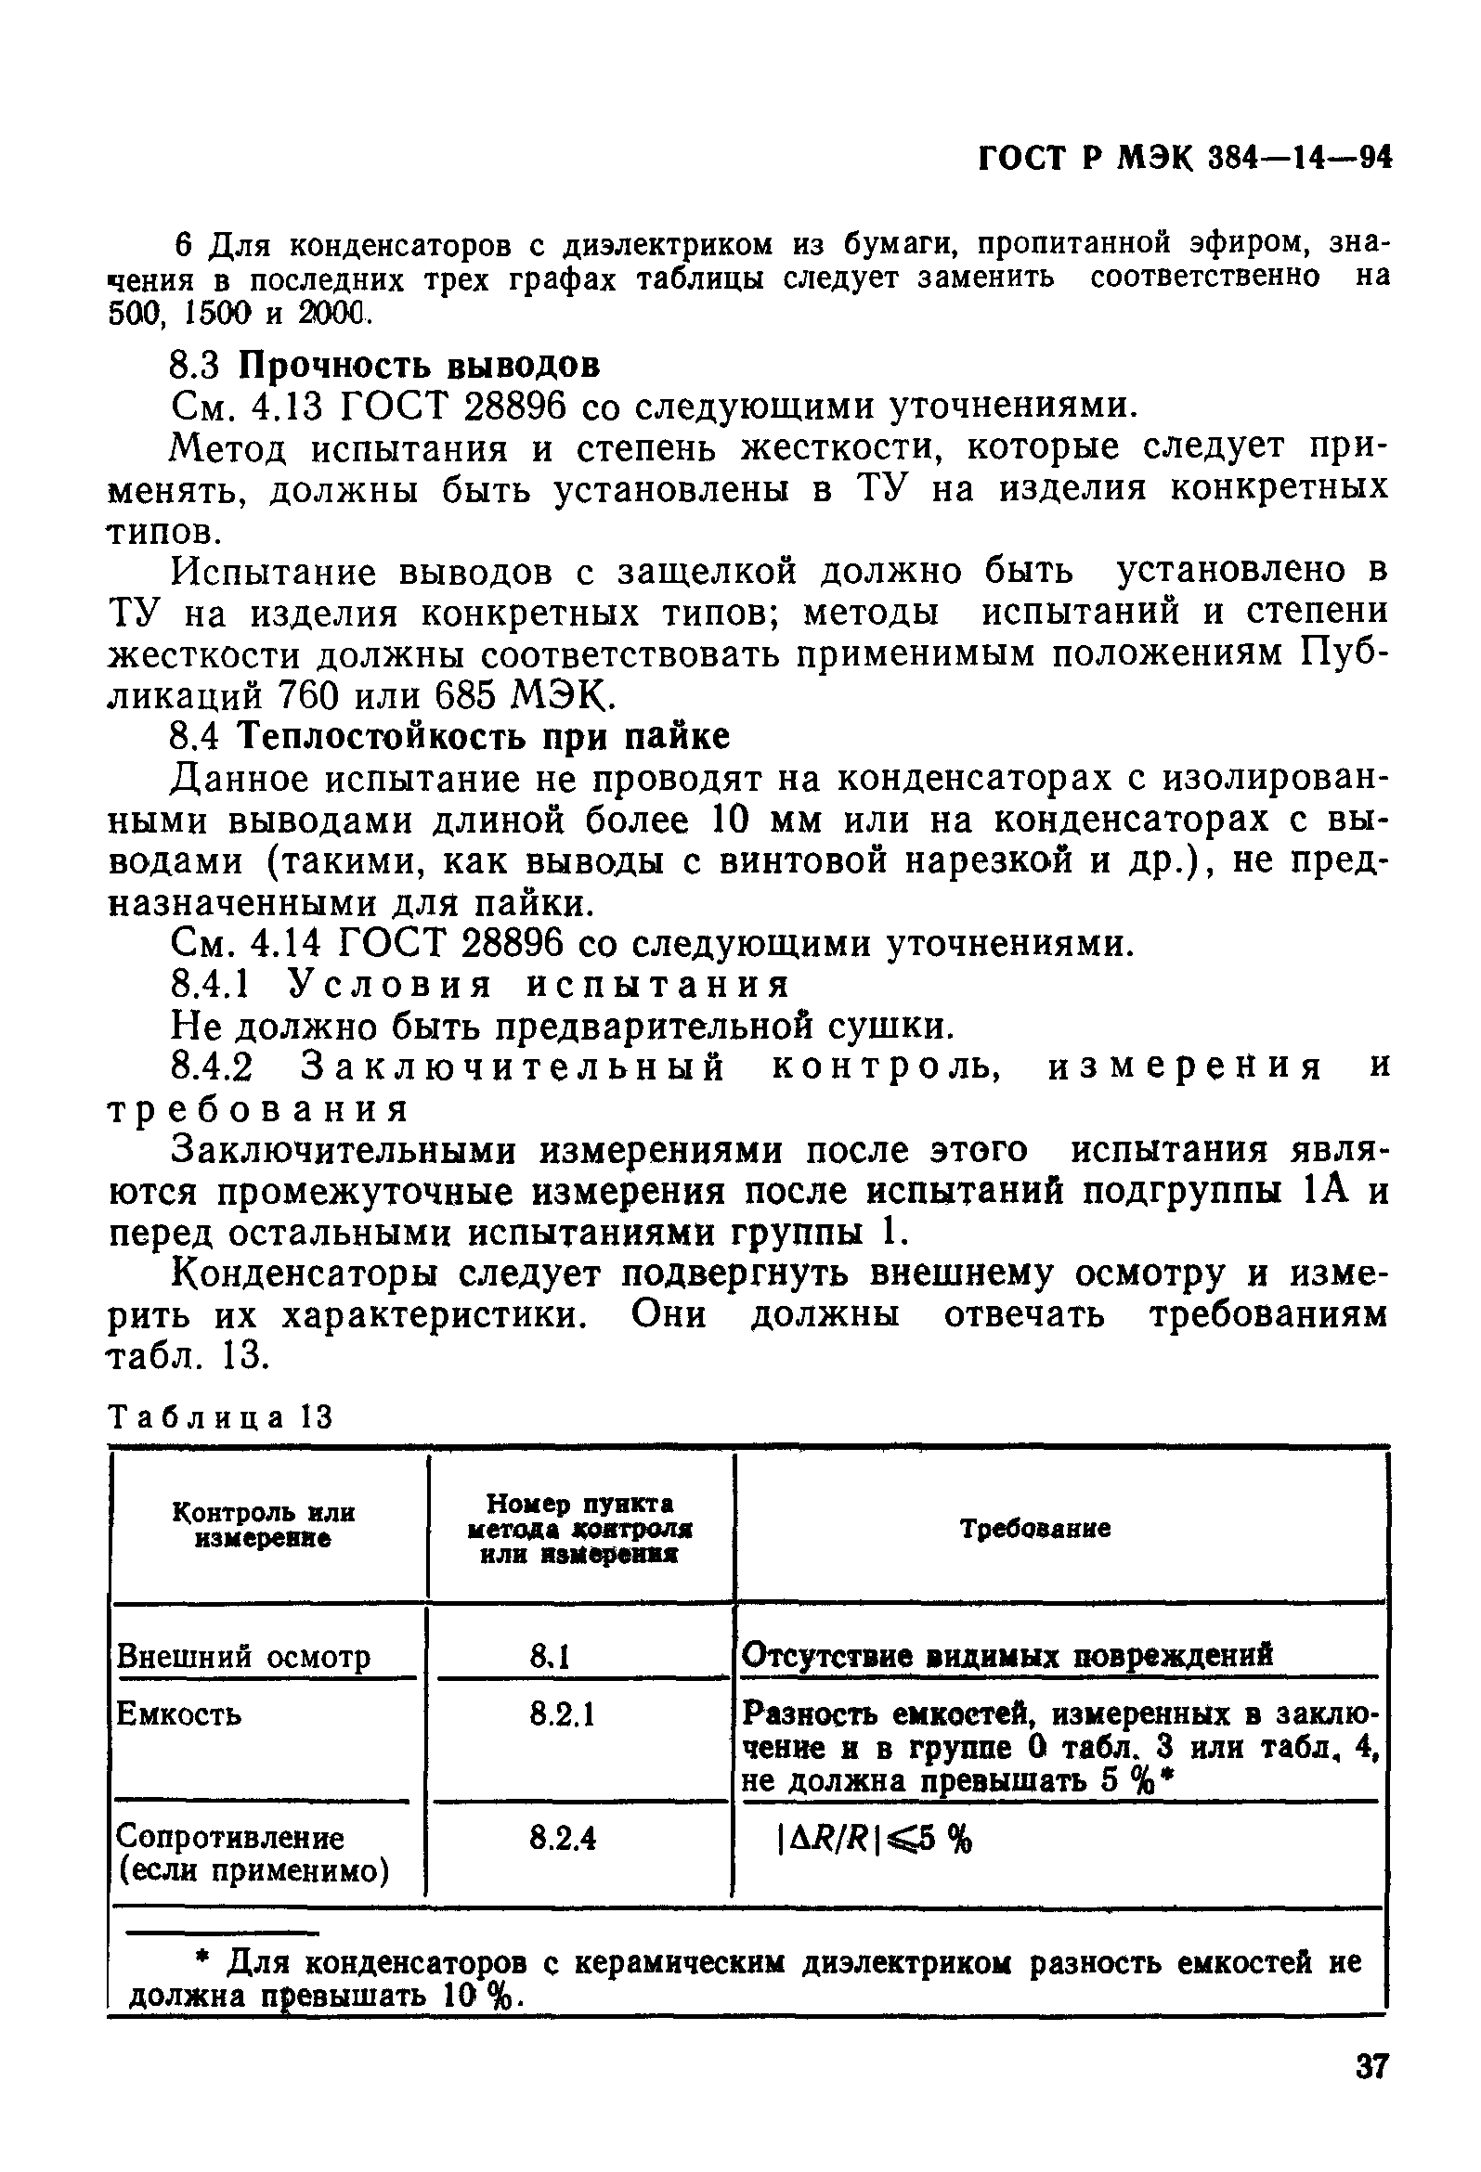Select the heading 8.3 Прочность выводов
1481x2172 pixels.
384,364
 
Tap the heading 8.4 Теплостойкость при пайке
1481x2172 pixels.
449,737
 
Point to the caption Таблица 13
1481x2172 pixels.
221,1417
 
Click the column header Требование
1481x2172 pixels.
1036,1529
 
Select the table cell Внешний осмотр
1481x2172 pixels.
243,1657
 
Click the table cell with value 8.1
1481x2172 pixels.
550,1657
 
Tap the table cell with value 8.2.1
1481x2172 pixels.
563,1713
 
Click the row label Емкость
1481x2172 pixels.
177,1714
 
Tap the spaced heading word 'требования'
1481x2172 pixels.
258,1110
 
